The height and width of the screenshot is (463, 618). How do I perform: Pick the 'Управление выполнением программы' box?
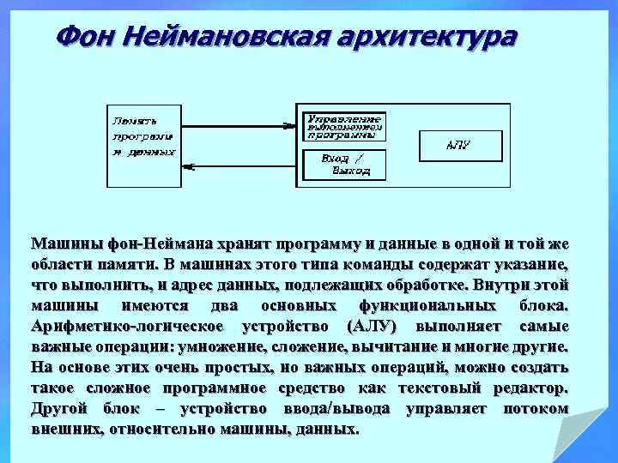(x=342, y=125)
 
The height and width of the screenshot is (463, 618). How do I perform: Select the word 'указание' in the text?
(x=528, y=264)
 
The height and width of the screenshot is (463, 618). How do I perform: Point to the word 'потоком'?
(x=535, y=409)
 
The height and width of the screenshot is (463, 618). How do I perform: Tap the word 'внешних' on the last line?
(x=62, y=429)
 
